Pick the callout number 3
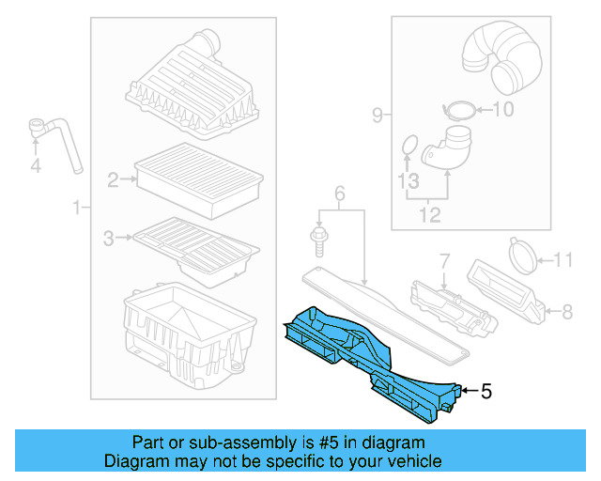pyautogui.click(x=108, y=240)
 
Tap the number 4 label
pyautogui.click(x=36, y=167)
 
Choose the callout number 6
pyautogui.click(x=340, y=194)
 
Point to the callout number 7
pyautogui.click(x=445, y=258)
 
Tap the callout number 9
pyautogui.click(x=378, y=116)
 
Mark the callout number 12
pyautogui.click(x=428, y=216)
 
